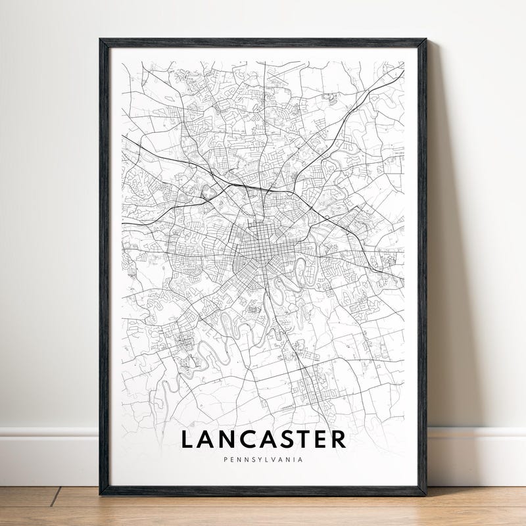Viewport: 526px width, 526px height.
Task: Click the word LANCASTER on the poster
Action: coord(263,439)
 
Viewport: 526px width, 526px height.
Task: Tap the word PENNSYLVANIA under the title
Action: coord(263,460)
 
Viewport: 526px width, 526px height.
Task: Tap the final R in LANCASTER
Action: coord(339,439)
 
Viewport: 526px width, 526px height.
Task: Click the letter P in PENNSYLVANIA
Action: coord(224,460)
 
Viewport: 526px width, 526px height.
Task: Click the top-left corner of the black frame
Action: coord(101,40)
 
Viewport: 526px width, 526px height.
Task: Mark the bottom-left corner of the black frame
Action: coord(101,493)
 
